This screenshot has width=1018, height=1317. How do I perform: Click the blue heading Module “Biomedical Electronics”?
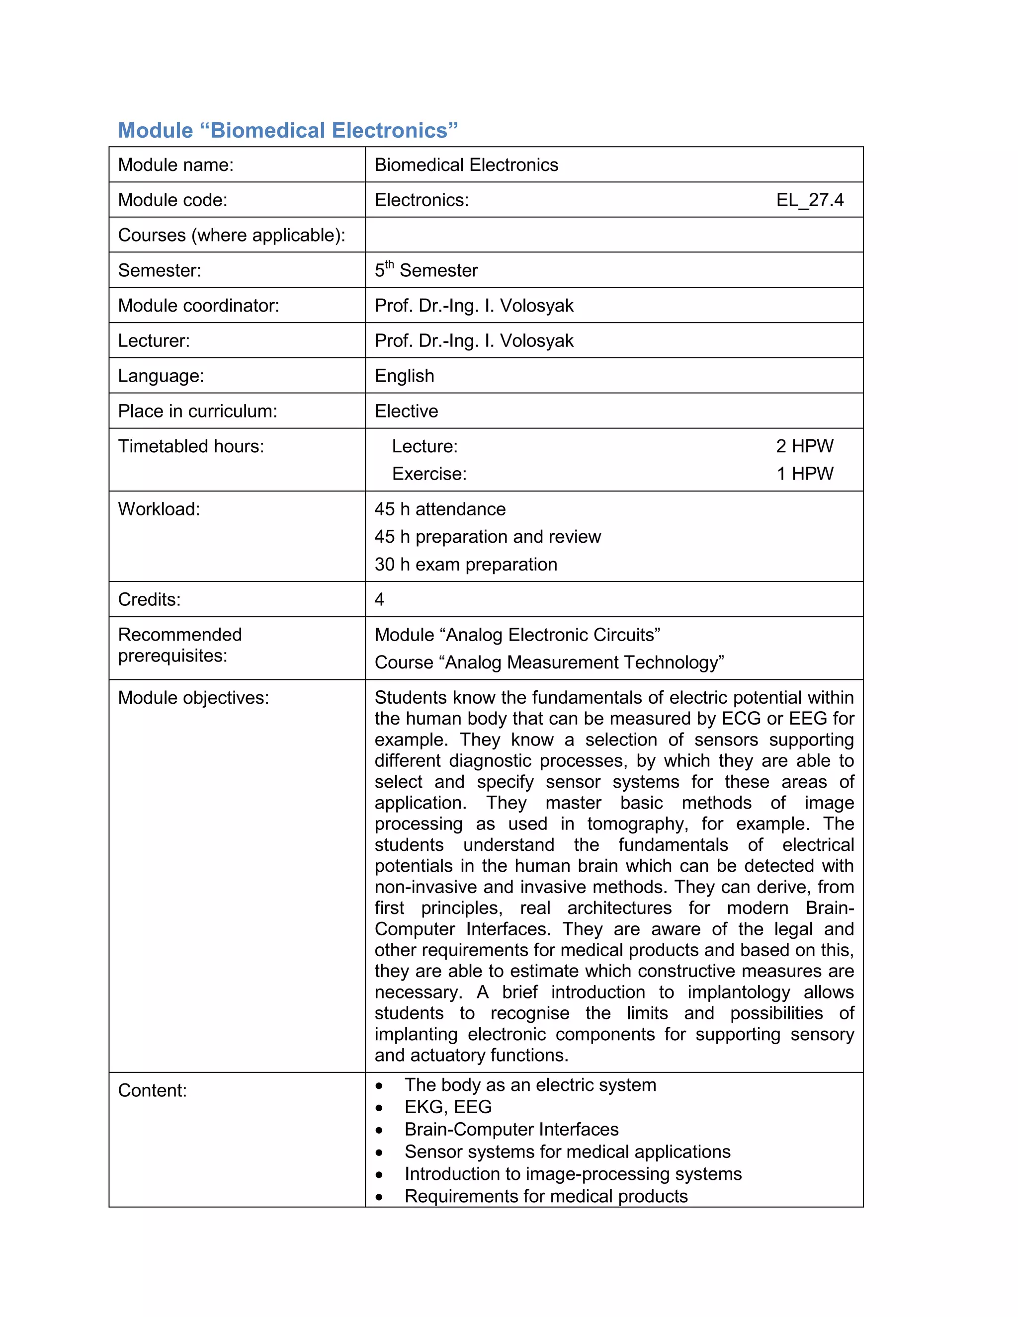[288, 130]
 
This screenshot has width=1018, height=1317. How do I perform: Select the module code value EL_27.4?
[809, 200]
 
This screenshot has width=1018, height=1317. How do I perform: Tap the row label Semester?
[159, 270]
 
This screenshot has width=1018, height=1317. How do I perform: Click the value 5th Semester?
[426, 270]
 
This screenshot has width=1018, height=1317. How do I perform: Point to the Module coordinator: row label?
[198, 305]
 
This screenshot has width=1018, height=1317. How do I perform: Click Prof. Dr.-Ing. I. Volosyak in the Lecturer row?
[474, 341]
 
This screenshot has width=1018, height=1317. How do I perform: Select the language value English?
[404, 376]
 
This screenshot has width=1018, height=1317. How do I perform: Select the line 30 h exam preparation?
[466, 565]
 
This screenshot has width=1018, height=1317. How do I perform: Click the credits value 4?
[379, 599]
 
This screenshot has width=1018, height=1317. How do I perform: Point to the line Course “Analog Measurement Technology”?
[549, 662]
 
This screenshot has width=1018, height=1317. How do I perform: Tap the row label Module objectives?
[193, 698]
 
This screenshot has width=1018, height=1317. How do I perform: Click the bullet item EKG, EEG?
[448, 1107]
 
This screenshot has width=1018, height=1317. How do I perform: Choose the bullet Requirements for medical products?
[546, 1196]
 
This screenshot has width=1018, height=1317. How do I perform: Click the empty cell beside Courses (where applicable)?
[613, 235]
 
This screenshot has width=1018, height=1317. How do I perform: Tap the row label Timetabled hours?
[190, 446]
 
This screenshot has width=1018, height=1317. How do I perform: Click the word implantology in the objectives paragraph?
[738, 992]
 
